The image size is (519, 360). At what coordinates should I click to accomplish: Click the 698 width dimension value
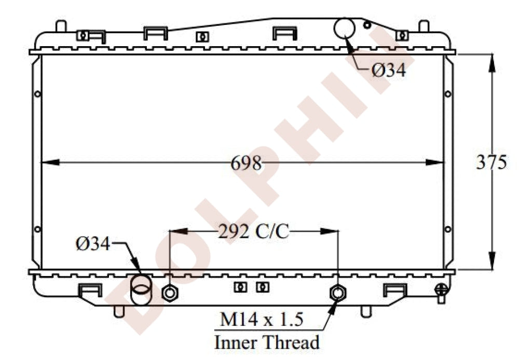246,163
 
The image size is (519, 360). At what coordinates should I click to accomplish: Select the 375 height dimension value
491,162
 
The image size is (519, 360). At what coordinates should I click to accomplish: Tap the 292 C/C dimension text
254,231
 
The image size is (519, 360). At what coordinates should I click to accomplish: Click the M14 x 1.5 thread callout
262,320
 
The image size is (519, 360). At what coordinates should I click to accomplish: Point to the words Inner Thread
267,342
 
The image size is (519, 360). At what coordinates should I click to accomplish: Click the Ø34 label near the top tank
389,70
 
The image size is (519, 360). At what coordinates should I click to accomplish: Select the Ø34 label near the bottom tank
93,244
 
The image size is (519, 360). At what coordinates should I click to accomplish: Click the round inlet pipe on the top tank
344,29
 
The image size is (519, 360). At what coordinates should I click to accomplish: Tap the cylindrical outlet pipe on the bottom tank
141,290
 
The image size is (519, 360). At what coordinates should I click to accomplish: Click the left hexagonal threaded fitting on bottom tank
170,293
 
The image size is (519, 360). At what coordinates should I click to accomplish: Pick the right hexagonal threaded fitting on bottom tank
338,293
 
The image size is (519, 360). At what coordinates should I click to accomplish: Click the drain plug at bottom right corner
441,293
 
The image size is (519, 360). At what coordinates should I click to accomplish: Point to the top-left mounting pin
61,26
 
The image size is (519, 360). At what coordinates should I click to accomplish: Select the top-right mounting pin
424,26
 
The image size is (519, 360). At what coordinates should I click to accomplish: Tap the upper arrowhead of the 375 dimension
492,63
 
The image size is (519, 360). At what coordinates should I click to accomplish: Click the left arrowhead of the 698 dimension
50,162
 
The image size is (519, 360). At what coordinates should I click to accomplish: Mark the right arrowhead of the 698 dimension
434,162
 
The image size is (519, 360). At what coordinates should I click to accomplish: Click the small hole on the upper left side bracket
37,94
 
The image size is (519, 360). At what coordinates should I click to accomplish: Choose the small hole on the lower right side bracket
448,229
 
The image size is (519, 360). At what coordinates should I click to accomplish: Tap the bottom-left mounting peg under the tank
119,311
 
